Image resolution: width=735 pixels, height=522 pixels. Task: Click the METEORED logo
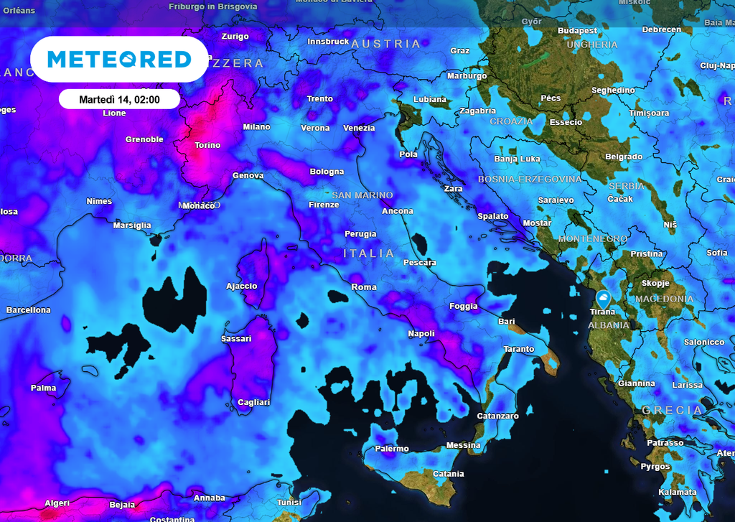119,59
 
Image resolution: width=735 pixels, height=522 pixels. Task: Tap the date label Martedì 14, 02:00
119,99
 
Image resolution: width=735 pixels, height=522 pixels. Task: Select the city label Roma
364,287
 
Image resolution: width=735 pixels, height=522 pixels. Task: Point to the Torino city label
207,146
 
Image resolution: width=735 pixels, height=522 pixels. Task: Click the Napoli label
421,334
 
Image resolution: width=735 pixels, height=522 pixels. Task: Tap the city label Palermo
391,449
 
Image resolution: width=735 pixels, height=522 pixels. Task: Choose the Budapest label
577,31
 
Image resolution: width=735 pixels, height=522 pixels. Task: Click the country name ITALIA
369,253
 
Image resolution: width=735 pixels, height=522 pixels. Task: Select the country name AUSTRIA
386,45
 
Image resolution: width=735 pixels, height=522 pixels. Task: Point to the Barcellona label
29,310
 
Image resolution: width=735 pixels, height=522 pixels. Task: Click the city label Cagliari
253,402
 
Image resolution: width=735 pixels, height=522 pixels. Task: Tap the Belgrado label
623,157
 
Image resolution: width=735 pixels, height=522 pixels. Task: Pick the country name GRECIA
673,410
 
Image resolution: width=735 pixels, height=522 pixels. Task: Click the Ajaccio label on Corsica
241,286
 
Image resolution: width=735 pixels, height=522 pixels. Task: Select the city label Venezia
359,129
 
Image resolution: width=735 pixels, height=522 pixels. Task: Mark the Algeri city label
57,503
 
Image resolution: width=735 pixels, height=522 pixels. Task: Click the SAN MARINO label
362,195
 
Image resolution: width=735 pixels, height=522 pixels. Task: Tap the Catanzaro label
497,416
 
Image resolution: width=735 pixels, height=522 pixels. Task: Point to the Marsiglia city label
132,225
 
